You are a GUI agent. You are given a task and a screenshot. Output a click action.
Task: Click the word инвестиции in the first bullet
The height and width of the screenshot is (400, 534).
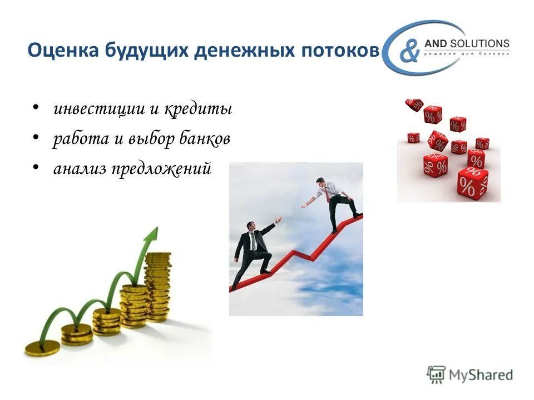pyautogui.click(x=99, y=109)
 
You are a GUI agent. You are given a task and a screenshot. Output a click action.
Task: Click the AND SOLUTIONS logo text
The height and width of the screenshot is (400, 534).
pyautogui.click(x=466, y=43)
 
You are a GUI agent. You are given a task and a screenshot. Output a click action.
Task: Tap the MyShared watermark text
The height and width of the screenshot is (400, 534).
pyautogui.click(x=481, y=375)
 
